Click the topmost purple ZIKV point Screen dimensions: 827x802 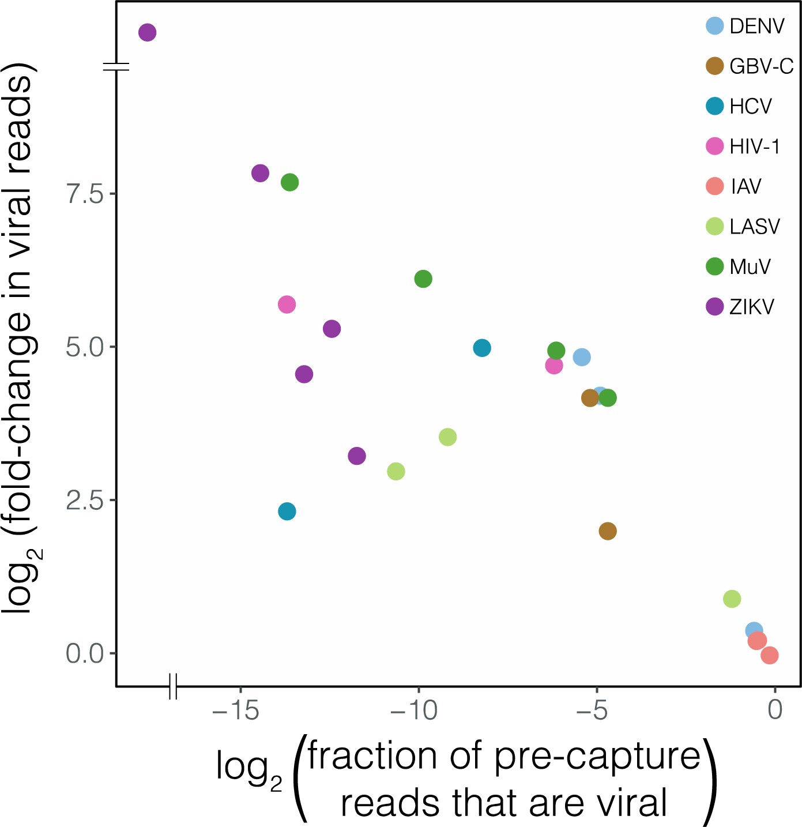[148, 32]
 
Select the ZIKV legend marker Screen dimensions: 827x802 [715, 306]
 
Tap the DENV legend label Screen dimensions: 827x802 [756, 26]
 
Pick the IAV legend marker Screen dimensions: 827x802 [715, 186]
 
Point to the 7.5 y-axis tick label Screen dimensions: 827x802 [84, 194]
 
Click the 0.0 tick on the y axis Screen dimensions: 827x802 [84, 654]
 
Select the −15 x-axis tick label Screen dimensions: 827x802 [236, 711]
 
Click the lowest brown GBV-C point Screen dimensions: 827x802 [608, 531]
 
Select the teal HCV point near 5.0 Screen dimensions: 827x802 [482, 348]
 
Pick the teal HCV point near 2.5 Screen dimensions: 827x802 [287, 511]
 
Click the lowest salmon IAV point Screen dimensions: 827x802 [770, 655]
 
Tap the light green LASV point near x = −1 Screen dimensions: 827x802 [732, 599]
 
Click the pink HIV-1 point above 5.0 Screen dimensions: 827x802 [287, 305]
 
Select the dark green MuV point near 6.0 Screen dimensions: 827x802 [423, 279]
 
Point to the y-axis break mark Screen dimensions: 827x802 [116, 67]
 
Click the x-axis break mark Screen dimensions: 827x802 [173, 686]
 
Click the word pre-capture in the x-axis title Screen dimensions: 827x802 [597, 756]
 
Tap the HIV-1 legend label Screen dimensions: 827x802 [754, 146]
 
